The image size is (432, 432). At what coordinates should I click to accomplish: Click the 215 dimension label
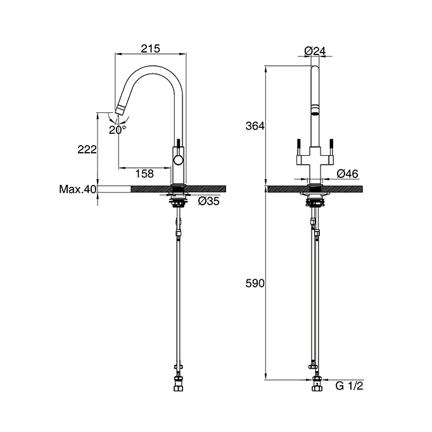tap(150, 49)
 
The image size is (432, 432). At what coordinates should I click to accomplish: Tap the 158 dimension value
tap(144, 174)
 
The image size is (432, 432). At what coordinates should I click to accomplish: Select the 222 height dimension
tap(87, 149)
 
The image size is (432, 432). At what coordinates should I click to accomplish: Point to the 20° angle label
tap(117, 130)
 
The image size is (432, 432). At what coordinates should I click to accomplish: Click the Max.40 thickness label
tap(78, 189)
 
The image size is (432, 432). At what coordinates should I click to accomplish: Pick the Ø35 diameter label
tap(208, 201)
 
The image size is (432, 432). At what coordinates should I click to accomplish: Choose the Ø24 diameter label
tap(315, 51)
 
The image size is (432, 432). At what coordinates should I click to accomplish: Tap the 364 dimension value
tap(255, 126)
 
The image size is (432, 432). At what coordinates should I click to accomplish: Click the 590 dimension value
tap(255, 283)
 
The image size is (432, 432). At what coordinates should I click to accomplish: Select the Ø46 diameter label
tap(347, 174)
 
